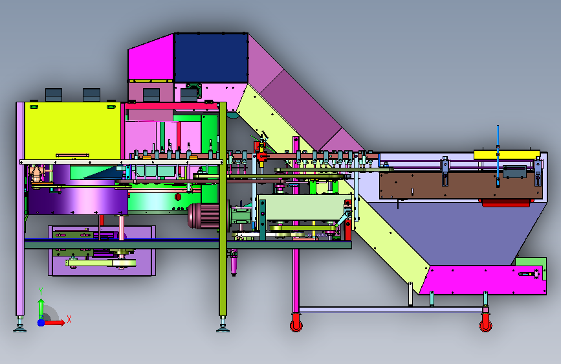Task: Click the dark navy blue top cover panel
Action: coord(211,58)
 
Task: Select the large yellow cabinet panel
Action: coord(72,131)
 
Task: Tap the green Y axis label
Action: coord(41,291)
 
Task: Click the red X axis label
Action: coord(69,319)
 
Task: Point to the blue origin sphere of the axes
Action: coord(41,323)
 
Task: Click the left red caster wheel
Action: coord(296,324)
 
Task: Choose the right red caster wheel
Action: coord(485,324)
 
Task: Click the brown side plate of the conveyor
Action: coord(461,185)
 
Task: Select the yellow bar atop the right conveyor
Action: coord(507,155)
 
